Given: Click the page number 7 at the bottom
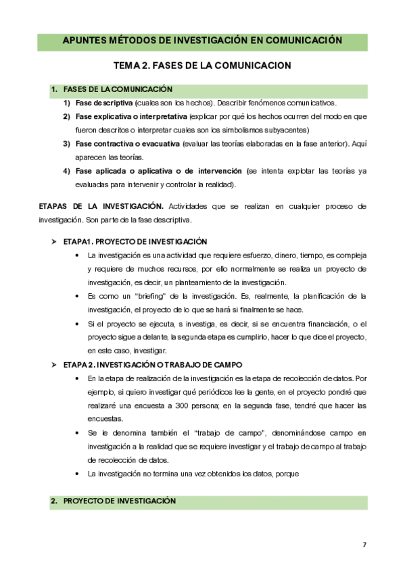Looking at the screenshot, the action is (x=365, y=545).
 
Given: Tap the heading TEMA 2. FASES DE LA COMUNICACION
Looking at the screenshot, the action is (x=202, y=66).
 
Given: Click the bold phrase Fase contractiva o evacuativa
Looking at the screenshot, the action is (x=118, y=144).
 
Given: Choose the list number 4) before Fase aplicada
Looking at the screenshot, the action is (x=67, y=171).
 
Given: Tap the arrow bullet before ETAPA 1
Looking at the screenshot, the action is (x=53, y=241).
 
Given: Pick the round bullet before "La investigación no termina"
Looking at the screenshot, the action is (x=79, y=474).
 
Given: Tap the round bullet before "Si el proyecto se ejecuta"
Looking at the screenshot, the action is (x=79, y=324).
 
